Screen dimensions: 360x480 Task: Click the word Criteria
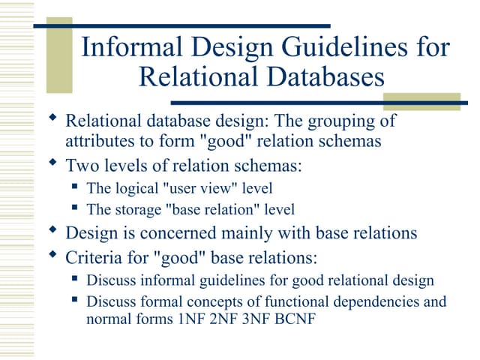tap(94, 257)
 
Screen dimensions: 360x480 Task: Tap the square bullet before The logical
tap(76, 187)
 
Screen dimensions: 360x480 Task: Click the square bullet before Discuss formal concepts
tap(76, 301)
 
